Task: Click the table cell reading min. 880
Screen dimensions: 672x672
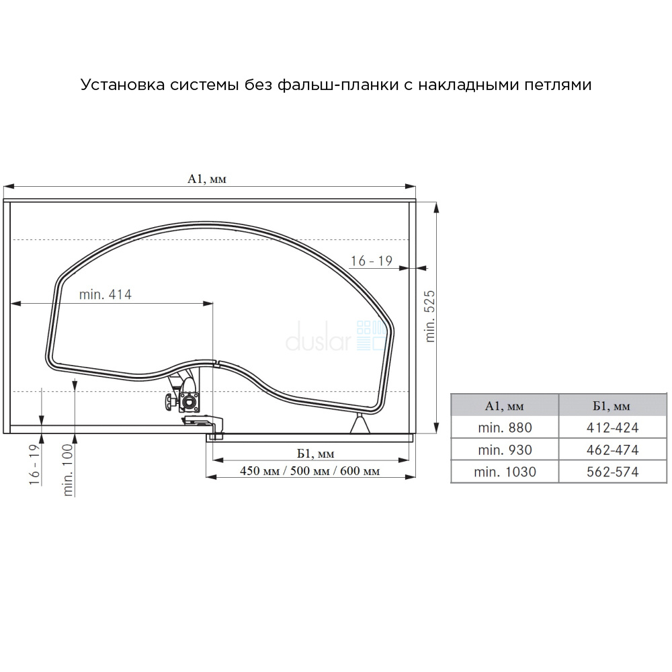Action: click(x=505, y=427)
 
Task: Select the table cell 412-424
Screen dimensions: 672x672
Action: click(x=613, y=427)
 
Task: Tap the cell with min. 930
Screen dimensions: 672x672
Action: click(x=505, y=450)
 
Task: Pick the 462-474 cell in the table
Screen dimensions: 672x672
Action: click(x=613, y=450)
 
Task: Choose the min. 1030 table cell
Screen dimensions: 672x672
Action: click(x=505, y=472)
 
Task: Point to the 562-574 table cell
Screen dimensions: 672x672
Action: click(x=613, y=472)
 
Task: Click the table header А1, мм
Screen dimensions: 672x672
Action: click(x=505, y=405)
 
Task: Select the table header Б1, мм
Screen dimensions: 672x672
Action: click(x=613, y=405)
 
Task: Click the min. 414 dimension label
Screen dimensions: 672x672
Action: click(x=105, y=294)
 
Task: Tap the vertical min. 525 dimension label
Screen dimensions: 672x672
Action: click(x=430, y=317)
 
